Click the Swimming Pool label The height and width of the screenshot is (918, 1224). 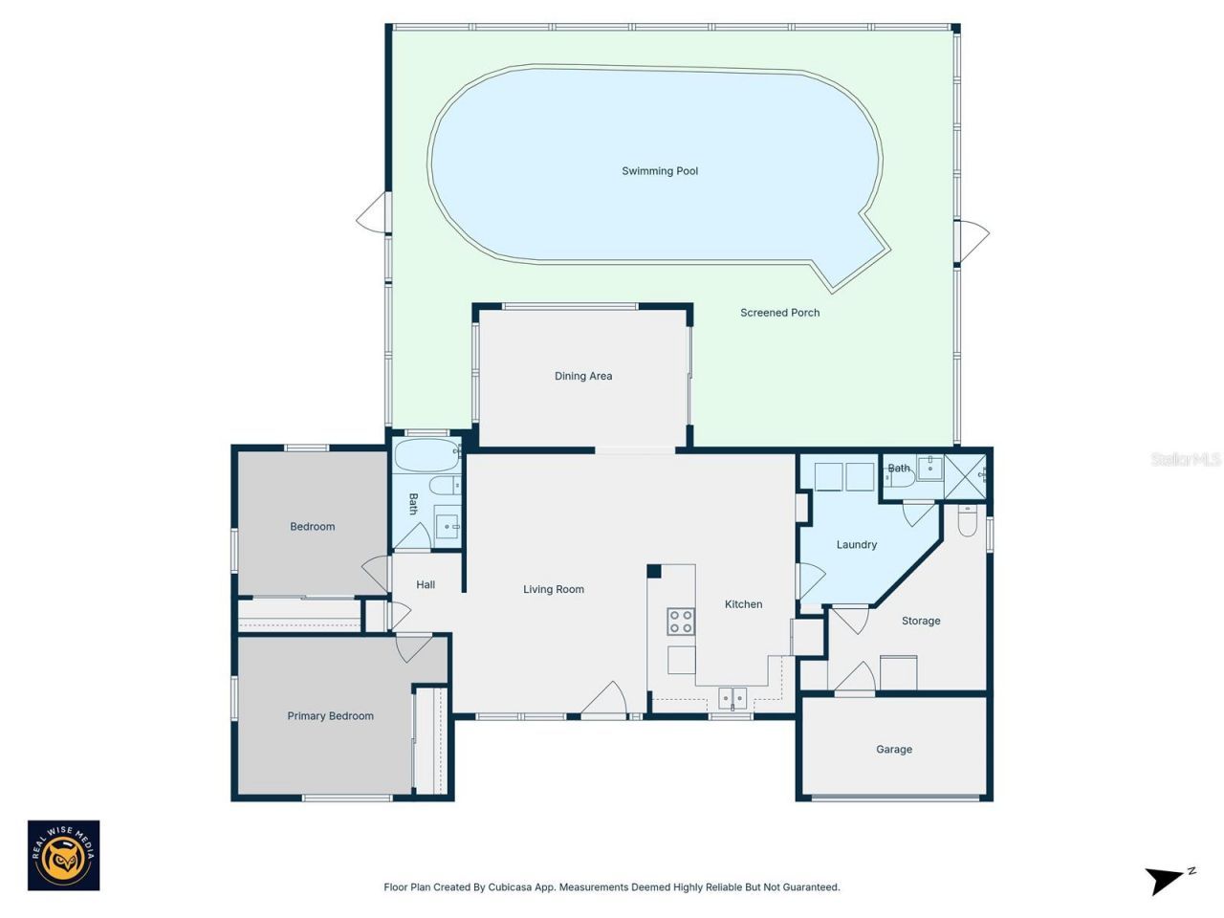pyautogui.click(x=660, y=171)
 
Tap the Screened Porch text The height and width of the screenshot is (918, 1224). pyautogui.click(x=779, y=313)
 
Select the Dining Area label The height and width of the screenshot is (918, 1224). pyautogui.click(x=582, y=376)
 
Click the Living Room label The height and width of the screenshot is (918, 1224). pyautogui.click(x=553, y=589)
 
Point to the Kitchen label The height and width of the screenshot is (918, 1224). pyautogui.click(x=743, y=604)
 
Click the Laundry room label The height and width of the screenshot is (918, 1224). pyautogui.click(x=856, y=545)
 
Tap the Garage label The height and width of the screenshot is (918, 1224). pyautogui.click(x=893, y=750)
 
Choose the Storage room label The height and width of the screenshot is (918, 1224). pyautogui.click(x=920, y=622)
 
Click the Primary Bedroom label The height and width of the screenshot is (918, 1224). pyautogui.click(x=330, y=716)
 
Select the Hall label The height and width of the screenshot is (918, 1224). pyautogui.click(x=426, y=584)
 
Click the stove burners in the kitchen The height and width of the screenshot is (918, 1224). pyautogui.click(x=681, y=622)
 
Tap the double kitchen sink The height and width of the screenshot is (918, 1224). pyautogui.click(x=732, y=698)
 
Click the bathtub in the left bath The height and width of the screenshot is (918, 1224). pyautogui.click(x=427, y=455)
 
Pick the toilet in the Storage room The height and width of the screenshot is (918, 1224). pyautogui.click(x=968, y=521)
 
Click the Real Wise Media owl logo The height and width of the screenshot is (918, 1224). pyautogui.click(x=63, y=856)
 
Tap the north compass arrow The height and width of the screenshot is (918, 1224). pyautogui.click(x=1167, y=879)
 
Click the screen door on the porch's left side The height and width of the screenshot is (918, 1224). pyautogui.click(x=374, y=213)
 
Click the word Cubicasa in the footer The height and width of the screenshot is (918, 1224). pyautogui.click(x=510, y=887)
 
